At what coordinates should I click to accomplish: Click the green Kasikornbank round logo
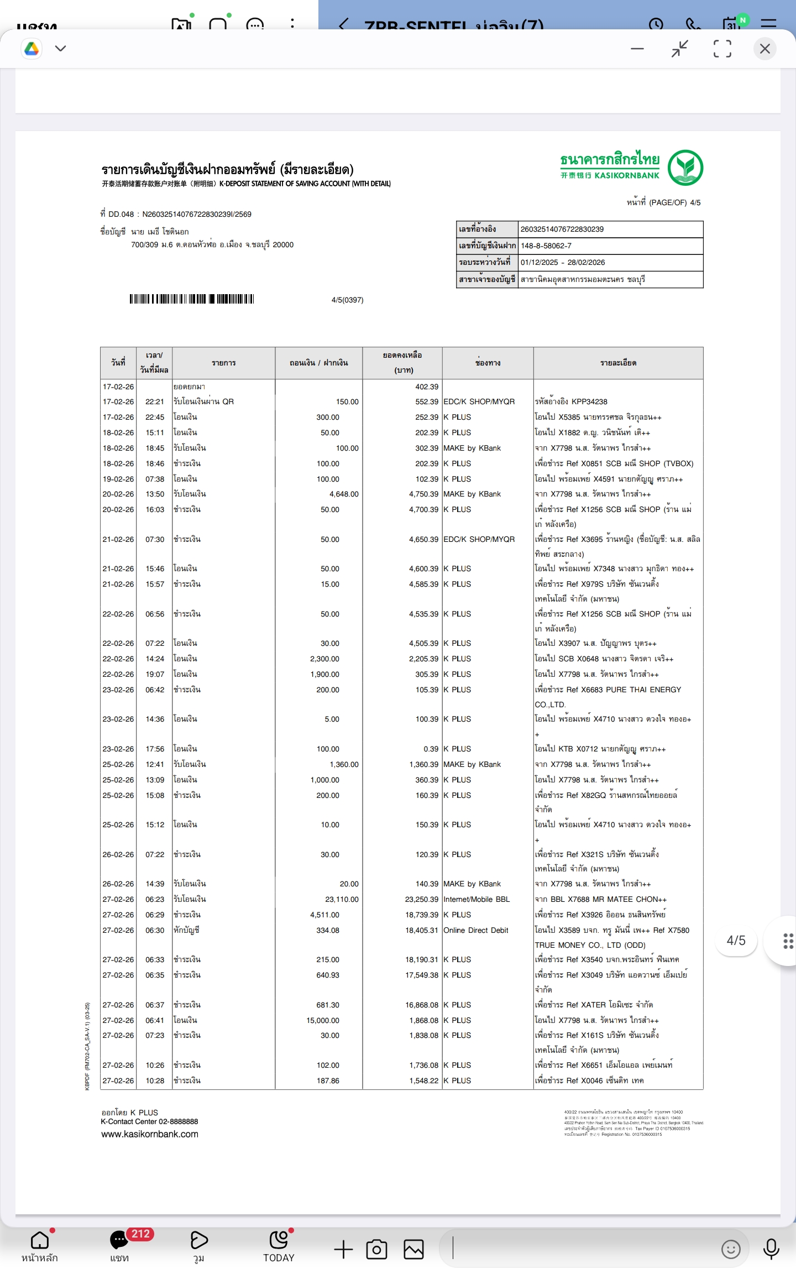click(685, 168)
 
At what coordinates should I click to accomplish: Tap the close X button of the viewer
click(764, 49)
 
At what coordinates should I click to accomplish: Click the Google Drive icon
click(32, 49)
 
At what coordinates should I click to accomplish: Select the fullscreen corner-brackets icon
click(722, 49)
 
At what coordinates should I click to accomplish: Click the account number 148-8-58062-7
click(546, 246)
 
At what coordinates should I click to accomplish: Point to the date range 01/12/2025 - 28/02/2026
click(562, 263)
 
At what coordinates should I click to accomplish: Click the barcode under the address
click(192, 299)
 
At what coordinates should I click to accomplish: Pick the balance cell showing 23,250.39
click(421, 900)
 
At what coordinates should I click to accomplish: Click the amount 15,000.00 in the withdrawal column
click(323, 1020)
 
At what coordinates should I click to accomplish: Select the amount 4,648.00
click(344, 494)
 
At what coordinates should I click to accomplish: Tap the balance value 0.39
click(431, 749)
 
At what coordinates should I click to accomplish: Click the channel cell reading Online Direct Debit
click(475, 930)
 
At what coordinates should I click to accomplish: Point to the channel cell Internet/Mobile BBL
click(476, 900)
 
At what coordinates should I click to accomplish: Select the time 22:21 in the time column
click(155, 401)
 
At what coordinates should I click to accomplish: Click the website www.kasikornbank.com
click(150, 1134)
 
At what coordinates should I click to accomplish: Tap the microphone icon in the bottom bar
click(771, 1249)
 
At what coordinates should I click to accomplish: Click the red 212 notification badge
click(140, 1234)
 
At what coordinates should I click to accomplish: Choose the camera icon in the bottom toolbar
click(376, 1249)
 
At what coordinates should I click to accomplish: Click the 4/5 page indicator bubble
click(736, 941)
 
